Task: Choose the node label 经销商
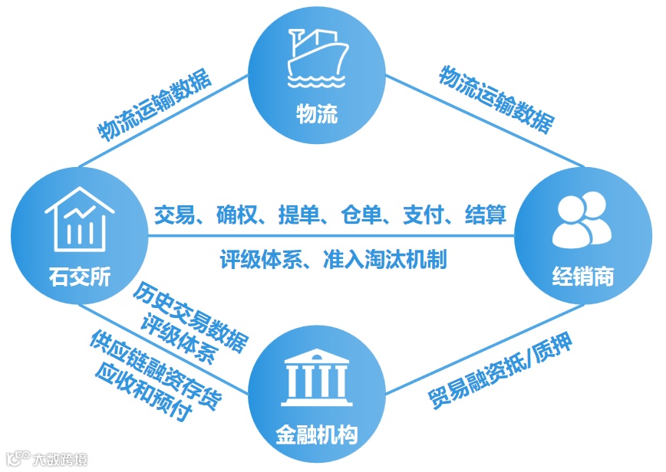pos(582,276)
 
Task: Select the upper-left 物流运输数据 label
pos(156,107)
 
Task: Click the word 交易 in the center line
pos(171,215)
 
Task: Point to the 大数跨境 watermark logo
pos(48,459)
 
